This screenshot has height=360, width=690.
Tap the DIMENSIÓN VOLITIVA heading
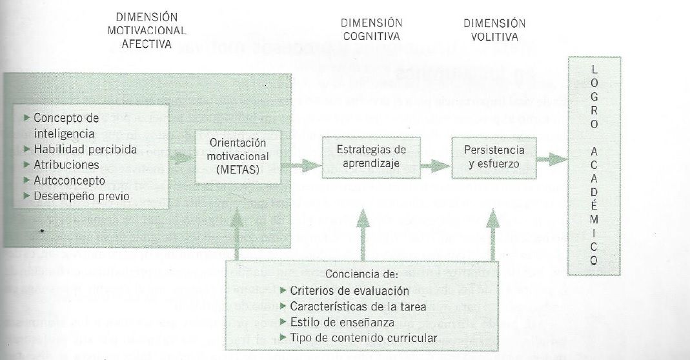click(494, 30)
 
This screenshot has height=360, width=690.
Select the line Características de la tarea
click(358, 306)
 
